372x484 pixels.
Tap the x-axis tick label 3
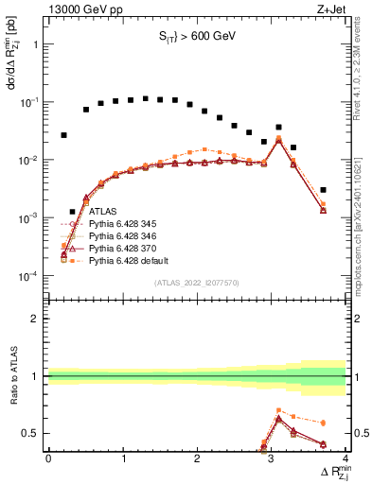[x=272, y=458]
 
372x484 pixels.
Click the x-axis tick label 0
[x=48, y=458]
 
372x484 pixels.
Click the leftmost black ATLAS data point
[x=63, y=135]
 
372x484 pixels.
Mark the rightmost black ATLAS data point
[x=323, y=190]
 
